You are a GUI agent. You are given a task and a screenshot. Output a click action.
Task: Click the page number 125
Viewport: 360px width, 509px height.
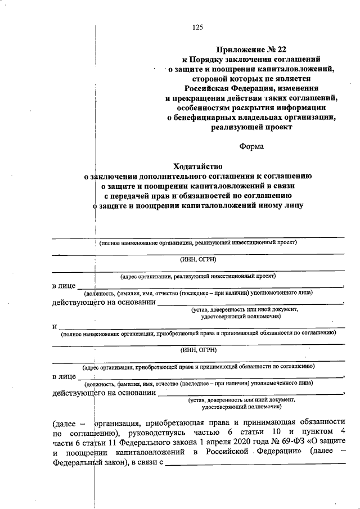[x=197, y=27]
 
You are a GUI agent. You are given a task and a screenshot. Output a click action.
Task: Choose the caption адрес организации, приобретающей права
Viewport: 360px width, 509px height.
[x=198, y=366]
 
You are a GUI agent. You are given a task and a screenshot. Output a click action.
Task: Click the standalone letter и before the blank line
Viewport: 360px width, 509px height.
[x=54, y=326]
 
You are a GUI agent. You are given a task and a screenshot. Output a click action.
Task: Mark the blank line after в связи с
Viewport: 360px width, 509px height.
[x=256, y=464]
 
